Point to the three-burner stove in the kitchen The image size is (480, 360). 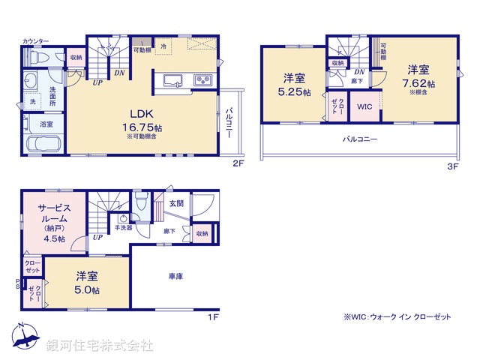(202, 79)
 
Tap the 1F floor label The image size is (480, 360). (213, 317)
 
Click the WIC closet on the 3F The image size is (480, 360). (364, 106)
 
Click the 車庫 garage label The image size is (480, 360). (176, 276)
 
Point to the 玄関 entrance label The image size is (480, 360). (176, 202)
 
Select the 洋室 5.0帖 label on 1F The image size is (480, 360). (87, 282)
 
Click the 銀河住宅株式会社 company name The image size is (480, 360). (100, 346)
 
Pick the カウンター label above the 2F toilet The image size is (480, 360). (35, 40)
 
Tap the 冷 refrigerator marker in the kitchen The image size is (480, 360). (164, 46)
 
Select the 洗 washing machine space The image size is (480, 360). (32, 100)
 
